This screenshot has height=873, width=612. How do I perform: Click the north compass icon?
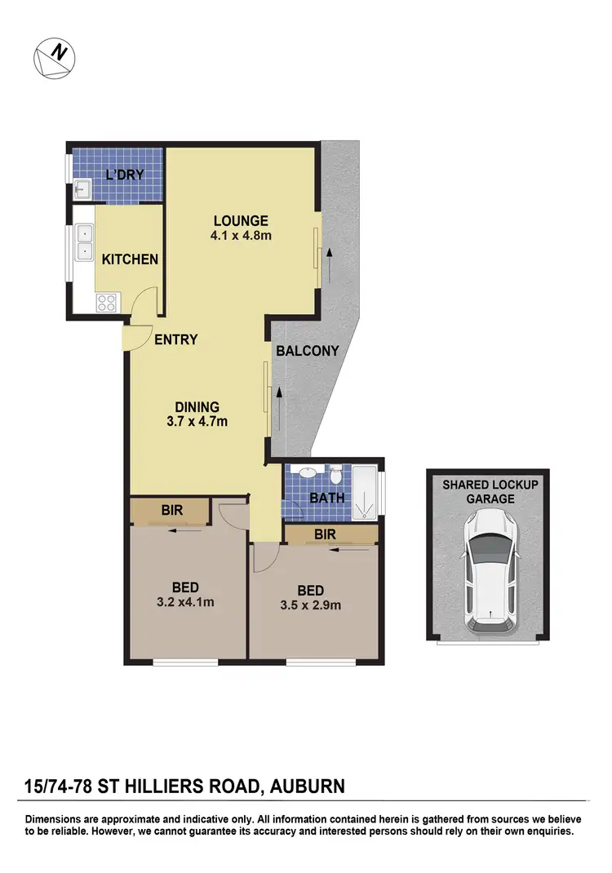click(x=53, y=60)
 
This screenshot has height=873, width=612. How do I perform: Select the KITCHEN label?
click(x=130, y=259)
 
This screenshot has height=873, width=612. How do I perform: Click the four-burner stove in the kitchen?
click(x=107, y=303)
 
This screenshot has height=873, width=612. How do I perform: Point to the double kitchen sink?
click(x=83, y=242)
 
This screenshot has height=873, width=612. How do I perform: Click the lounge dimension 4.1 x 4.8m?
click(x=241, y=237)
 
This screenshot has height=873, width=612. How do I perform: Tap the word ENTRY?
click(x=176, y=339)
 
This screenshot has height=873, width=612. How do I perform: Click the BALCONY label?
click(x=307, y=351)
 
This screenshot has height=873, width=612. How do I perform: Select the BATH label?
click(x=326, y=498)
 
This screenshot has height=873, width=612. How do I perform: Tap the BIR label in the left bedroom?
click(x=171, y=511)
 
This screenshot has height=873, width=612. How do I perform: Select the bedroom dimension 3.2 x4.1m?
click(x=185, y=603)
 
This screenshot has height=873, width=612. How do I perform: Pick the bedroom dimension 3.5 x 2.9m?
click(x=310, y=605)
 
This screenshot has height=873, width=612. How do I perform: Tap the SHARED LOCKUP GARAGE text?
click(x=490, y=491)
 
